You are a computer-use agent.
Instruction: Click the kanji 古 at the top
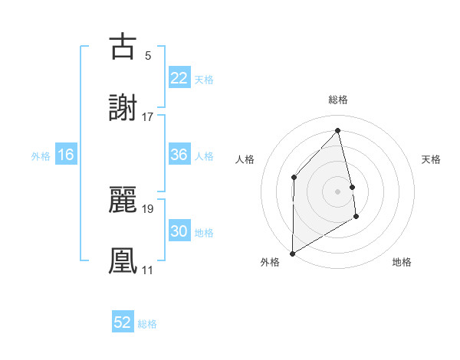pyautogui.click(x=123, y=47)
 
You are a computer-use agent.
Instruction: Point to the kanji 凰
pyautogui.click(x=123, y=260)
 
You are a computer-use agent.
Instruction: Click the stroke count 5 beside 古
pyautogui.click(x=147, y=55)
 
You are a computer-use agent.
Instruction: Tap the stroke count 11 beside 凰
pyautogui.click(x=147, y=270)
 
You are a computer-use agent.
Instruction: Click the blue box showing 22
pyautogui.click(x=179, y=78)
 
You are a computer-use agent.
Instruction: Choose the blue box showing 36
pyautogui.click(x=179, y=155)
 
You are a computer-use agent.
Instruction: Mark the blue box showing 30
pyautogui.click(x=179, y=231)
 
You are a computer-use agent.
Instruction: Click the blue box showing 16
pyautogui.click(x=66, y=155)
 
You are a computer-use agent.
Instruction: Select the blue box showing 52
pyautogui.click(x=123, y=322)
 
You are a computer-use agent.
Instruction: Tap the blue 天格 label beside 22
pyautogui.click(x=204, y=80)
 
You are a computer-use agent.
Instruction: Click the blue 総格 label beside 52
pyautogui.click(x=147, y=324)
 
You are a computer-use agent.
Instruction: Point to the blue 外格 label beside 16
pyautogui.click(x=41, y=156)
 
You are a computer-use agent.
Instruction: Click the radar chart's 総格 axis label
pyautogui.click(x=338, y=100)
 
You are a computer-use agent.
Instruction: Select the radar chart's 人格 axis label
pyautogui.click(x=245, y=159)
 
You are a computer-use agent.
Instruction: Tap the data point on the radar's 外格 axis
pyautogui.click(x=292, y=253)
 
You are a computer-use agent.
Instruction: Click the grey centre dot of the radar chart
pyautogui.click(x=338, y=191)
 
